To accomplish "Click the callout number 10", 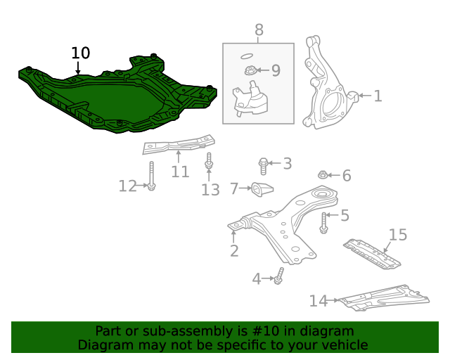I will point(81,53).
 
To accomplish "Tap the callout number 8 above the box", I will point(259,30).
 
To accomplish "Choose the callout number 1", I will point(378,96).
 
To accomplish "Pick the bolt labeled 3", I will point(263,165).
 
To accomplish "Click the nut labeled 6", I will point(322,175).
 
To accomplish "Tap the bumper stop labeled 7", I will point(262,189).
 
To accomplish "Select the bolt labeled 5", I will point(323,223).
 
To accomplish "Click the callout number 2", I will point(234,250).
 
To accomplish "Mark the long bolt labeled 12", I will point(151,175).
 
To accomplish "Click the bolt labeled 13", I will point(209,162).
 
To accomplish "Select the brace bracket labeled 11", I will point(177,147).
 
